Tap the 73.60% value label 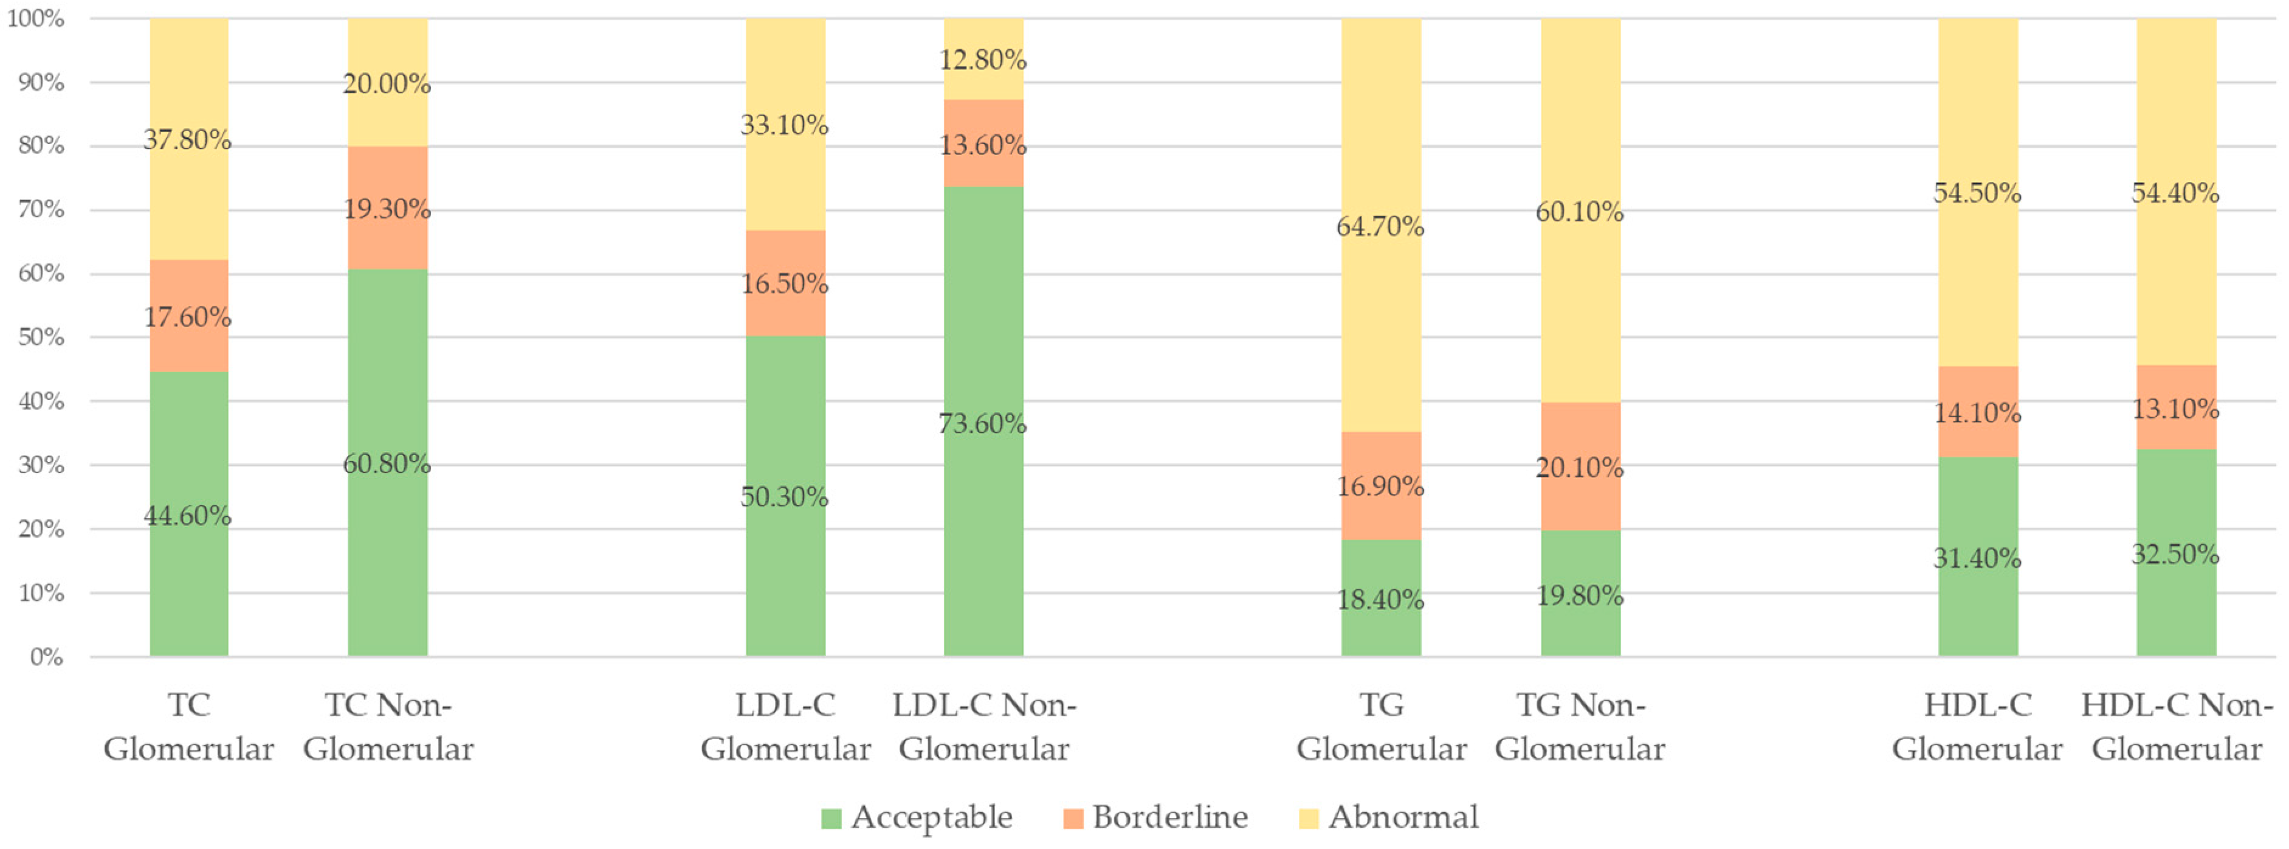pyautogui.click(x=983, y=423)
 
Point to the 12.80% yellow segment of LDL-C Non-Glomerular pyautogui.click(x=983, y=58)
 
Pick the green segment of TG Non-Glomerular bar pyautogui.click(x=1580, y=594)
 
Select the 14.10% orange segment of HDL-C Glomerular pyautogui.click(x=1977, y=412)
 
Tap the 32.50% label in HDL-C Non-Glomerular pyautogui.click(x=2175, y=554)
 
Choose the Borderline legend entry pyautogui.click(x=1156, y=817)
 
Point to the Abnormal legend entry pyautogui.click(x=1389, y=817)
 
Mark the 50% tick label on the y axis pyautogui.click(x=41, y=337)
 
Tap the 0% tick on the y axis pyautogui.click(x=46, y=657)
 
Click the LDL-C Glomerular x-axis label pyautogui.click(x=785, y=726)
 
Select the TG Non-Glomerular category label pyautogui.click(x=1579, y=726)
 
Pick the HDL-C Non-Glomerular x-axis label pyautogui.click(x=2176, y=726)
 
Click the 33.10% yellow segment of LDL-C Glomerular pyautogui.click(x=785, y=125)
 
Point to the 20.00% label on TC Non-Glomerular pyautogui.click(x=387, y=83)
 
